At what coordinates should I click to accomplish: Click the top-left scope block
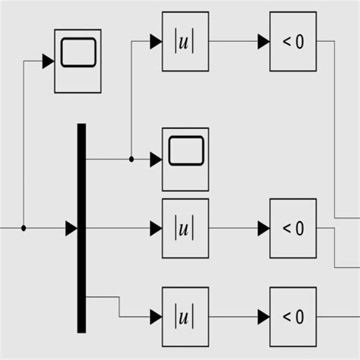[x=77, y=61]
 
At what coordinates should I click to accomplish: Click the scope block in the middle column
[x=185, y=159]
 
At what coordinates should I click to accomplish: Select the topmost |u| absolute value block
[x=185, y=42]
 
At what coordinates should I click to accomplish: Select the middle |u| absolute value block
[x=185, y=228]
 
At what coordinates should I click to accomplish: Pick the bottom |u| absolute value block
[x=185, y=316]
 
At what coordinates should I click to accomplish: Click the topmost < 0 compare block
[x=292, y=42]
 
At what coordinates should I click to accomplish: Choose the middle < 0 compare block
[x=292, y=228]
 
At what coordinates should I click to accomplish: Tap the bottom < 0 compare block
[x=292, y=316]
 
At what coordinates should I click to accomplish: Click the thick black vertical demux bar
[x=81, y=228]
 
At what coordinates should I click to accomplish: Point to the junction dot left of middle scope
[x=131, y=159]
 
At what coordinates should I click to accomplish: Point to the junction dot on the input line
[x=24, y=228]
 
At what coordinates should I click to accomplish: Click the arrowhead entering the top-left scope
[x=48, y=61]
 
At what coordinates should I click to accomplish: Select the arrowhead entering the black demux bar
[x=71, y=228]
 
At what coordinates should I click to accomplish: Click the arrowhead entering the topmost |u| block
[x=156, y=42]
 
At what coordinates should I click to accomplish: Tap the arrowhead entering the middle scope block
[x=156, y=159]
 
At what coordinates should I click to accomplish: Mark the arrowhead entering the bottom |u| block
[x=156, y=316]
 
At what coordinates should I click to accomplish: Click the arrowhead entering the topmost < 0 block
[x=264, y=42]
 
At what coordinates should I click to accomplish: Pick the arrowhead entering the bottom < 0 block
[x=264, y=316]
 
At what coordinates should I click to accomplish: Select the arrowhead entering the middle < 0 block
[x=264, y=228]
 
